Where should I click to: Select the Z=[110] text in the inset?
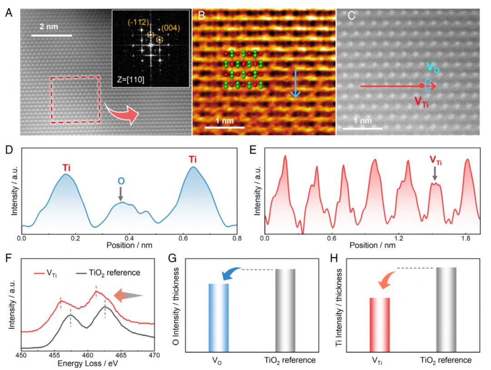tap(132, 81)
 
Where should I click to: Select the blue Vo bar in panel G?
tap(219, 317)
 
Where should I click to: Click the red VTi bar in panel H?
tap(380, 323)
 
